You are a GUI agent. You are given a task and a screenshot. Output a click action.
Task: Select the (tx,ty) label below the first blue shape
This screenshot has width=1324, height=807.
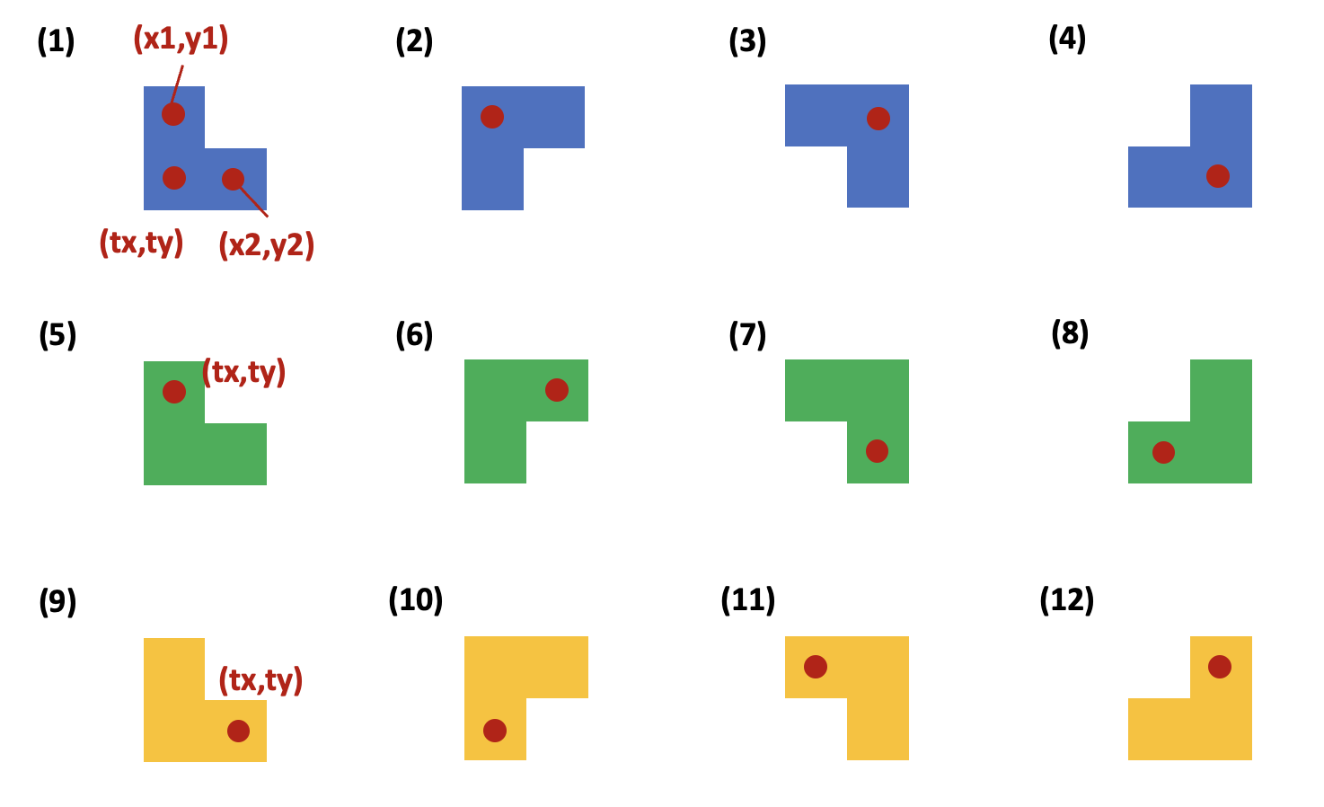point(141,243)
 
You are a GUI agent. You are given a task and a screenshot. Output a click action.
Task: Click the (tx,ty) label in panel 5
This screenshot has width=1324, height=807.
point(243,371)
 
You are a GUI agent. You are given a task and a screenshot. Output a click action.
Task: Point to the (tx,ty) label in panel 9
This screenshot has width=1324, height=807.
point(260,679)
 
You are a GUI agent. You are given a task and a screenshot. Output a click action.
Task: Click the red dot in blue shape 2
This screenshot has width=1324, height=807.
point(492,117)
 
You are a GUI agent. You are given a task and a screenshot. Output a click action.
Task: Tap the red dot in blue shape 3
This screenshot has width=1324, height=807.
point(878,119)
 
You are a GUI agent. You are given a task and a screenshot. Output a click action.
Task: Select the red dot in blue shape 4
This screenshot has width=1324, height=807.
point(1218,176)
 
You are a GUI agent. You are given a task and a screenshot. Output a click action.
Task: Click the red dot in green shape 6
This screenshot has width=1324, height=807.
point(557,390)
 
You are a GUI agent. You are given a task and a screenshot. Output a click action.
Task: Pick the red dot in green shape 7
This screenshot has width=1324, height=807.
point(878,451)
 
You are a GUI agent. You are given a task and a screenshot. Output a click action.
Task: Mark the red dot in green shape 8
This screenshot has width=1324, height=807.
point(1163,452)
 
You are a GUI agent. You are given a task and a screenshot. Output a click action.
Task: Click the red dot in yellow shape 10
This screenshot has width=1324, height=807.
point(495,731)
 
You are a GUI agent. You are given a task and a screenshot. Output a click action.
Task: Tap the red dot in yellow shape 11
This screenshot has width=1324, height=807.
point(816,667)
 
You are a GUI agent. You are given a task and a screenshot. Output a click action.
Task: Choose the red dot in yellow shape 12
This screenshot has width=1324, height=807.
point(1220,667)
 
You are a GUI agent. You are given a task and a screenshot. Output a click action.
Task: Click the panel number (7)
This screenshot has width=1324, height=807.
point(747,335)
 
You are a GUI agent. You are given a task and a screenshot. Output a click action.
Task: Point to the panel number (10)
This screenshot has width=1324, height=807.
point(416,599)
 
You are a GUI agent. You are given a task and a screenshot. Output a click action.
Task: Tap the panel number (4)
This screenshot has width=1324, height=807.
point(1067,40)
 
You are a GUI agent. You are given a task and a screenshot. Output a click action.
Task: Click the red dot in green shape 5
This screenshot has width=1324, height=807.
point(174,392)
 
